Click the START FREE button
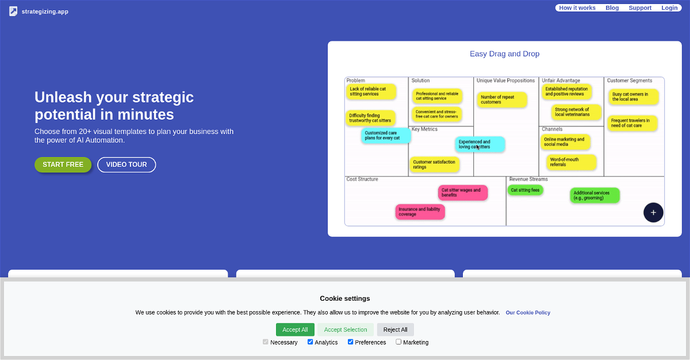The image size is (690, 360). point(63,164)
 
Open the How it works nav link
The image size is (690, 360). point(577,8)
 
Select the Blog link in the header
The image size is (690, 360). point(612,8)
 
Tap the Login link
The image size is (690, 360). point(669,8)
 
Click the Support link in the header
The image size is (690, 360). point(640,8)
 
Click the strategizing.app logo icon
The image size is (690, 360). point(13,12)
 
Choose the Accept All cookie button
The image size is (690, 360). point(295,330)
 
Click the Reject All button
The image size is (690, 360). point(395,330)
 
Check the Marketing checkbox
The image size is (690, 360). point(398,342)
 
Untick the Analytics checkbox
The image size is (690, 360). point(310,342)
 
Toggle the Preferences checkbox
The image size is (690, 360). point(351,342)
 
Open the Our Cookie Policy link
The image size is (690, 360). point(528,313)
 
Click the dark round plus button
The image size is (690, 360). point(653,212)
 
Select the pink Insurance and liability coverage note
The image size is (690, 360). point(420,212)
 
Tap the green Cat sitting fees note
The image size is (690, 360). point(525,190)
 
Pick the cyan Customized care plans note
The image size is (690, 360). point(386,136)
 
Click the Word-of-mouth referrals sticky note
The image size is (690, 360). point(572,162)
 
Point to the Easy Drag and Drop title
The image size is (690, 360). point(505,54)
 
